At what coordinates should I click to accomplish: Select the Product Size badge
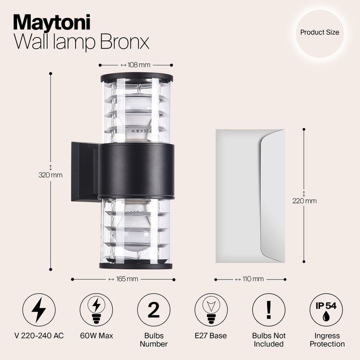(319, 32)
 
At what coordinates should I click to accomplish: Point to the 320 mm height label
(50, 174)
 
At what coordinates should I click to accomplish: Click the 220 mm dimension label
(304, 201)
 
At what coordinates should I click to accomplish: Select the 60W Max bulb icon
(96, 310)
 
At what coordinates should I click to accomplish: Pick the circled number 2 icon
(154, 310)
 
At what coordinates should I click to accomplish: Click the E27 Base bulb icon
(211, 310)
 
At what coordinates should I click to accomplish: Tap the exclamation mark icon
(269, 310)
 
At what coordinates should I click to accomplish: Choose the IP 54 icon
(326, 310)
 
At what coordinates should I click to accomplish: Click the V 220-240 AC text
(39, 335)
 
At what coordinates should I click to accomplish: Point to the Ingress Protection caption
(327, 339)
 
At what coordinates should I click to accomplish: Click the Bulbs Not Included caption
(269, 339)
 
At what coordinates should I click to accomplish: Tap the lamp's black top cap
(136, 77)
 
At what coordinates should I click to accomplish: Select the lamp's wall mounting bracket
(84, 171)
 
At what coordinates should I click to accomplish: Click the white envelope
(249, 195)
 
